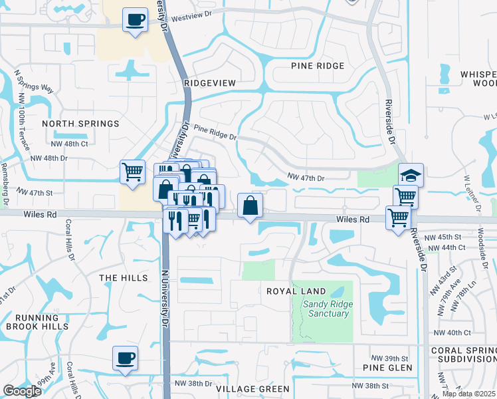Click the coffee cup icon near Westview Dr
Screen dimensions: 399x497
135,19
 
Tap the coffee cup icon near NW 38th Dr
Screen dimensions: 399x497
125,358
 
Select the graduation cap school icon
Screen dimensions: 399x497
411,175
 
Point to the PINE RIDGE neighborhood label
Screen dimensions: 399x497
318,66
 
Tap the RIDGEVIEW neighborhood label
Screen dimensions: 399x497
209,82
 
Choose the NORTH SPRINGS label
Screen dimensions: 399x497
80,124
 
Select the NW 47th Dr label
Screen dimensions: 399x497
306,178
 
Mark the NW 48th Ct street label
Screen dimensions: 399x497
70,144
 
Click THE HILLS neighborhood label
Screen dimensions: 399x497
123,278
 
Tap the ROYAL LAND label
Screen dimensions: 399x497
296,291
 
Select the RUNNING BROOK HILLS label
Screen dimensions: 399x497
37,322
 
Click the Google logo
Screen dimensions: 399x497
22,391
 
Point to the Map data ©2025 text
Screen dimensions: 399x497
468,394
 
